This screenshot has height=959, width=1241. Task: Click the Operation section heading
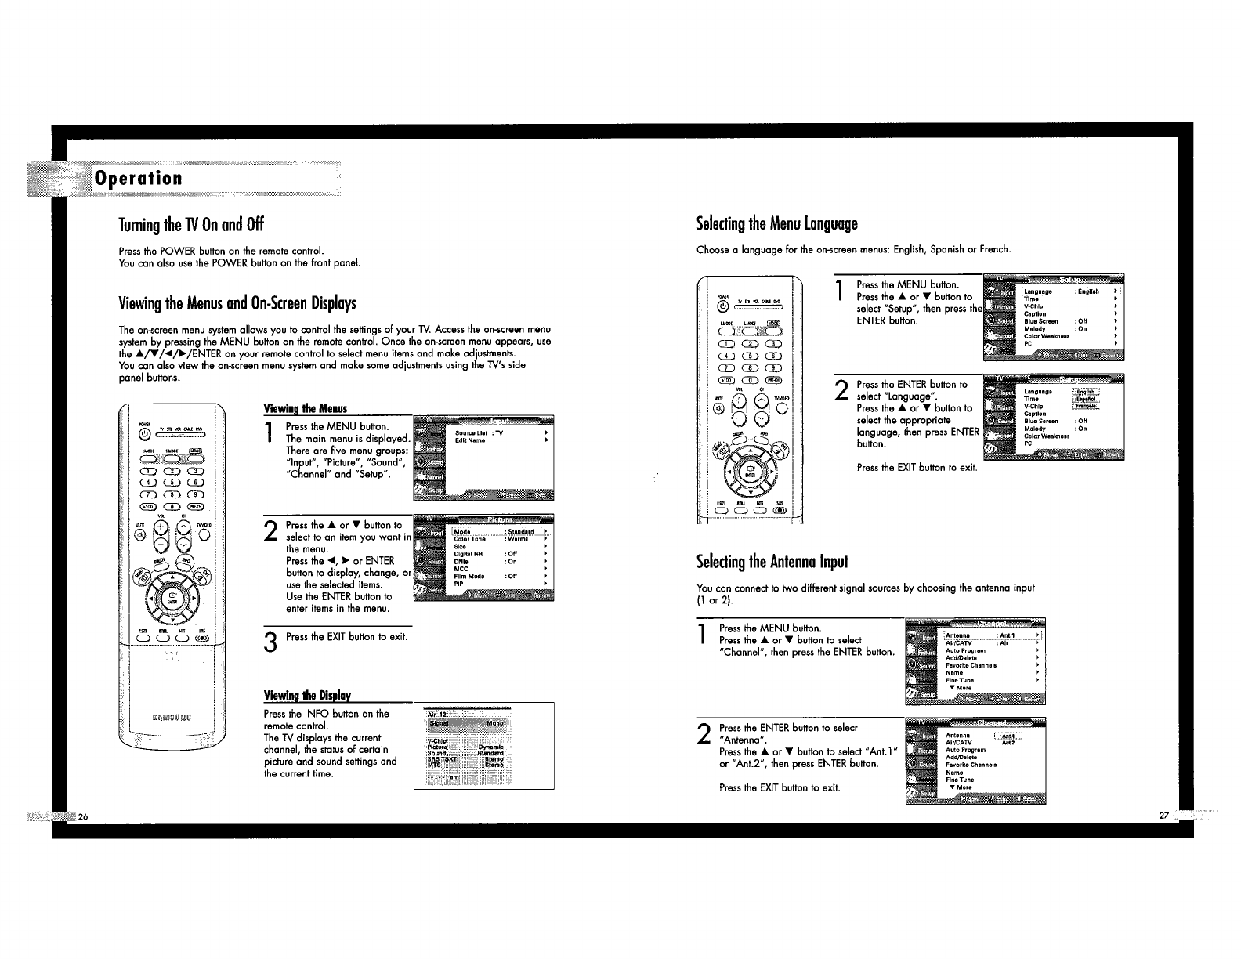(138, 178)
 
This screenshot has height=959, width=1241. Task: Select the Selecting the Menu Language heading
(777, 224)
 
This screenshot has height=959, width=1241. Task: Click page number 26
(81, 816)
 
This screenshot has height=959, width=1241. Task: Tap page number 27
(1163, 816)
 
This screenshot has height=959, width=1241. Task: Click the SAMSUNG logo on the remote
(172, 715)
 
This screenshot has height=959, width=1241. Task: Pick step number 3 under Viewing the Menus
(270, 642)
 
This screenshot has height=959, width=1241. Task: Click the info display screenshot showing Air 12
(483, 745)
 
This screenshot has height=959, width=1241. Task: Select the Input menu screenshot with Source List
(483, 458)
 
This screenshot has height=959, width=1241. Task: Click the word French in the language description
(995, 250)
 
